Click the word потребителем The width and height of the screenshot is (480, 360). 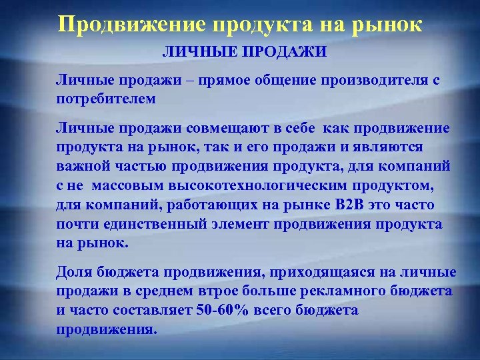pyautogui.click(x=107, y=98)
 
